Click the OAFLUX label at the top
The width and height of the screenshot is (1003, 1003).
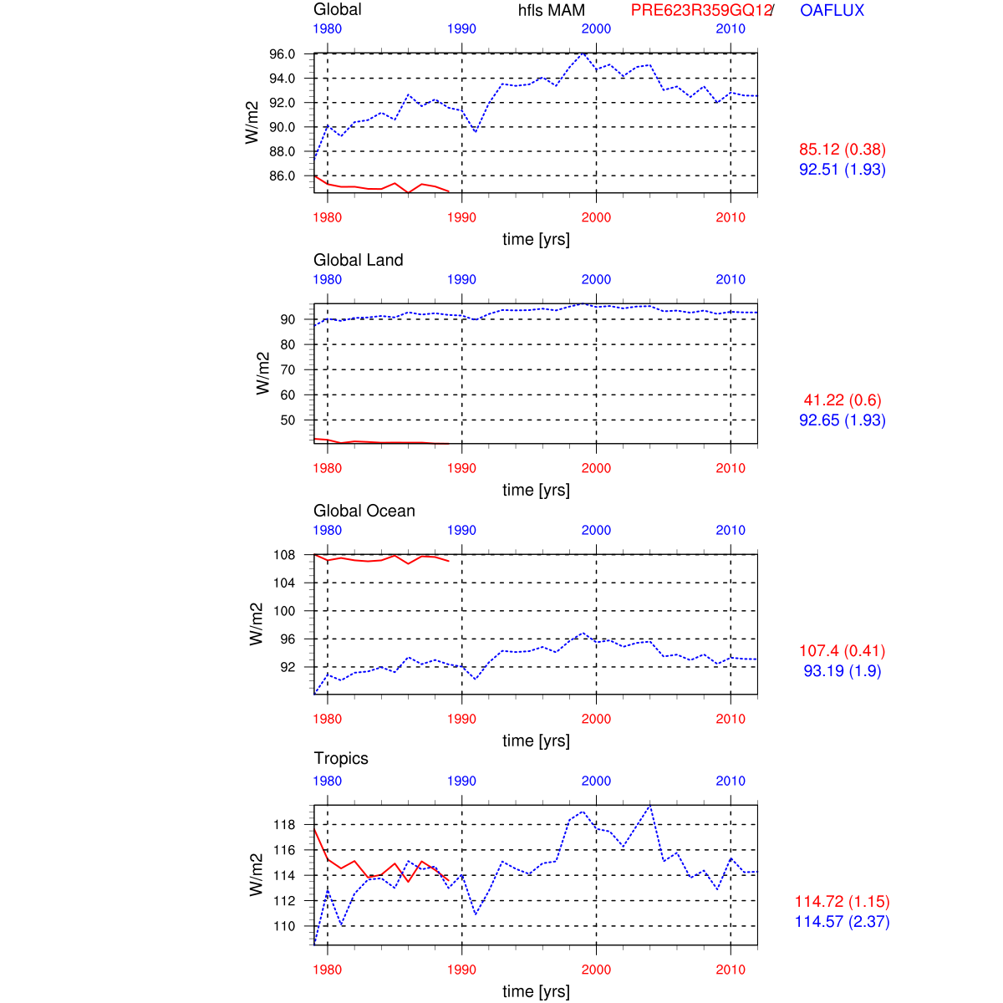[x=832, y=11]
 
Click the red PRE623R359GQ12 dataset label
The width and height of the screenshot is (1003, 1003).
[x=700, y=11]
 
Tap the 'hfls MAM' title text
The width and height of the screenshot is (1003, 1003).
[x=552, y=11]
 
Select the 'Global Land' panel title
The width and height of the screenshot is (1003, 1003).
[x=358, y=260]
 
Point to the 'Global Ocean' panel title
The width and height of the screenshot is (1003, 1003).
[x=364, y=511]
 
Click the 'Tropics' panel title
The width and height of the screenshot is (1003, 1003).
[x=341, y=758]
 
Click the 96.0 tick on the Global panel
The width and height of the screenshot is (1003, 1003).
[x=282, y=54]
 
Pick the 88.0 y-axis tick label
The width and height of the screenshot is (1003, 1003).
[x=282, y=151]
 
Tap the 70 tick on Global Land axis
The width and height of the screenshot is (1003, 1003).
[x=288, y=369]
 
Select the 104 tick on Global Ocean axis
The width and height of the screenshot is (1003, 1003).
[x=284, y=583]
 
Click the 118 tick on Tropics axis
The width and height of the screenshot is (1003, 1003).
[x=284, y=825]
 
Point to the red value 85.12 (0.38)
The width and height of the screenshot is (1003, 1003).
[x=842, y=150]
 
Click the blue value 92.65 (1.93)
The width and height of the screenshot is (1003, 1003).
[x=842, y=420]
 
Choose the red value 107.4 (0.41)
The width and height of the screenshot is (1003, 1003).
[x=842, y=651]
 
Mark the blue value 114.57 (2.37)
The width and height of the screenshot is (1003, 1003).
[x=842, y=922]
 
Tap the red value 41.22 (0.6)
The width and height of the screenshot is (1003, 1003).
[x=842, y=400]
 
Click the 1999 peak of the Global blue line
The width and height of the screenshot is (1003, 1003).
[x=583, y=53]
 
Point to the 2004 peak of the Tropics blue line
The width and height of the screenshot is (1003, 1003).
[x=650, y=806]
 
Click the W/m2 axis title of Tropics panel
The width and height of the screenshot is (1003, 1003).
[x=257, y=875]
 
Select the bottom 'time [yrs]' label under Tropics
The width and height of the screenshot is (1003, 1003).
[x=536, y=991]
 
